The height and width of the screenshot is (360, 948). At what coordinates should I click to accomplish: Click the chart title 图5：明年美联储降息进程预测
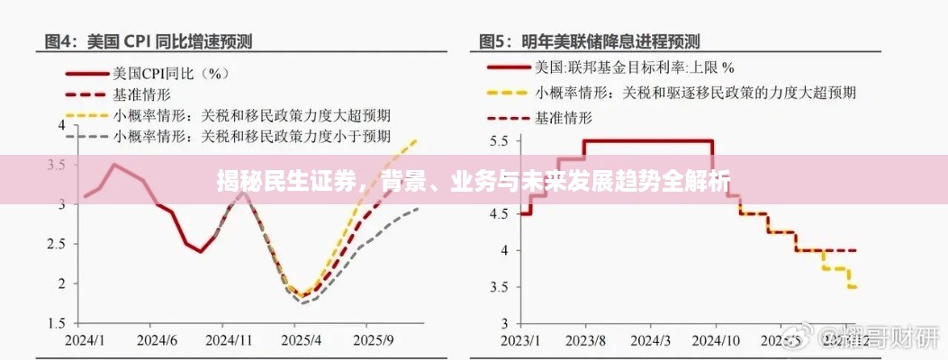pos(590,40)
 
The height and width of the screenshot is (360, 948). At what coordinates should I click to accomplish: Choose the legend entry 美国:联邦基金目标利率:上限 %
pos(635,67)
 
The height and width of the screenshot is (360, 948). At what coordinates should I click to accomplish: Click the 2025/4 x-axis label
pos(301,341)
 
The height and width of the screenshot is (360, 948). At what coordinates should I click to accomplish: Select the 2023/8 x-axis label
pos(585,341)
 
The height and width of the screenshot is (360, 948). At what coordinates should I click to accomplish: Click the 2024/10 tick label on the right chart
pos(718,341)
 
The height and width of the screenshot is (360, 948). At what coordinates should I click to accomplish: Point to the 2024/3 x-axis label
pos(651,341)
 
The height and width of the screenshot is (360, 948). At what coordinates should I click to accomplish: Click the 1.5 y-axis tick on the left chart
pos(55,323)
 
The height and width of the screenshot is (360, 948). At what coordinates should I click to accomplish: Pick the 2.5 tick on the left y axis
pos(55,244)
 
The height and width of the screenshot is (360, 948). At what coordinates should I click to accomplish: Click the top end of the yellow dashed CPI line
pos(416,139)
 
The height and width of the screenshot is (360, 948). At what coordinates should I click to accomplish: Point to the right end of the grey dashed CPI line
pos(418,209)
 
